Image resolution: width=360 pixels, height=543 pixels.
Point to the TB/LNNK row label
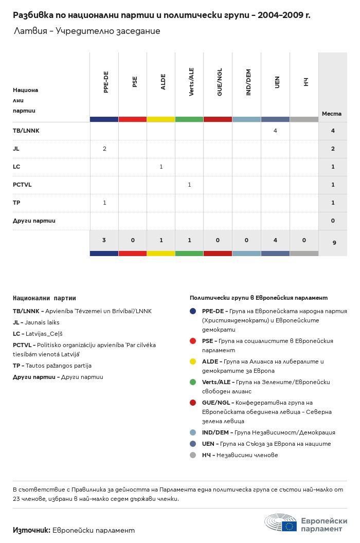[x=26, y=131]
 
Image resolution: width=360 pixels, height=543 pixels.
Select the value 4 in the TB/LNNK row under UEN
[x=275, y=131]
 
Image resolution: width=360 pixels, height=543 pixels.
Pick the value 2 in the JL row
[x=104, y=149]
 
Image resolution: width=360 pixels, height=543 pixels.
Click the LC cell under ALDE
[x=161, y=167]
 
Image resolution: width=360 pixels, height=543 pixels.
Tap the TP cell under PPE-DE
[x=104, y=203]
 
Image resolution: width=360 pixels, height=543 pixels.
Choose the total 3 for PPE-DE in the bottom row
[x=104, y=240]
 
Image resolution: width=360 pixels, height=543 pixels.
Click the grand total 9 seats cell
[x=334, y=242]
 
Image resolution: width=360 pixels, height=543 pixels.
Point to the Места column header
[x=332, y=114]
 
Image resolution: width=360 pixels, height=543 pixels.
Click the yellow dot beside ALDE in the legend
[x=193, y=361]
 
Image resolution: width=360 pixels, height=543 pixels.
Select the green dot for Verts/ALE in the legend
[x=193, y=382]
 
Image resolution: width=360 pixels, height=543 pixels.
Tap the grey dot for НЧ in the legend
[x=193, y=455]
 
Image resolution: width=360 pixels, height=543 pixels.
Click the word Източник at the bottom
[x=31, y=530]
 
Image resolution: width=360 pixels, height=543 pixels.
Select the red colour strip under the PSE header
[x=133, y=119]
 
